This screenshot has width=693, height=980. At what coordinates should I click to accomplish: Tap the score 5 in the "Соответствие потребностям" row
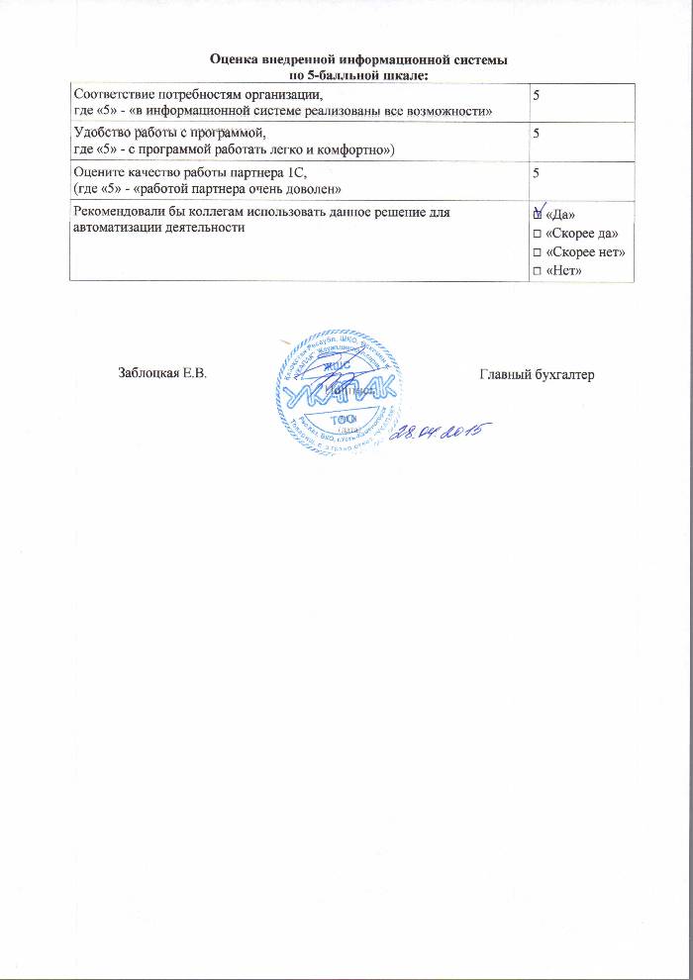click(x=538, y=95)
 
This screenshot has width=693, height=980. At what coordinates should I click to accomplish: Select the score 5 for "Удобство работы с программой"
click(x=538, y=134)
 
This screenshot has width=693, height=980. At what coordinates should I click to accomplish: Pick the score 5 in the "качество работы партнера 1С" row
click(x=538, y=173)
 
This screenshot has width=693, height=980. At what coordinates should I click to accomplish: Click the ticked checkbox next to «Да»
click(x=537, y=214)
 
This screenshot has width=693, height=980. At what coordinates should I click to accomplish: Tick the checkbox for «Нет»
click(x=537, y=270)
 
